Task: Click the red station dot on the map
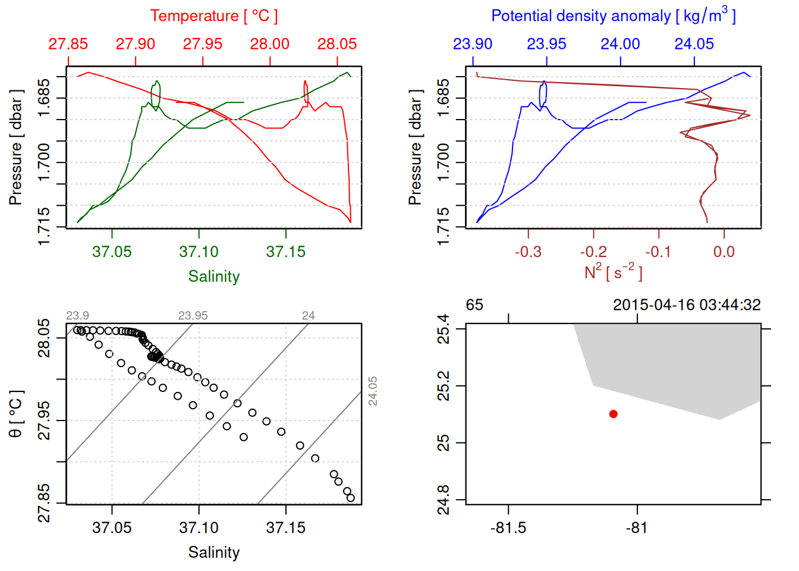613,413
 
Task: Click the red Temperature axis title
213,16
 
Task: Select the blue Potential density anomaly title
613,15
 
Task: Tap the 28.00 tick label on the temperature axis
270,44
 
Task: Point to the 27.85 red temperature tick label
68,44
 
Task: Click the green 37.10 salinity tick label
199,252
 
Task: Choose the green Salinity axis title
213,276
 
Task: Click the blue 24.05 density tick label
694,44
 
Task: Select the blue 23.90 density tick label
473,44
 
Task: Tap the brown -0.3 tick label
528,252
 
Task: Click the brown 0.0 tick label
723,252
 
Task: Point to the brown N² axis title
613,272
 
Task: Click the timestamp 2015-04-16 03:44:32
687,305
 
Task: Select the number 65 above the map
474,305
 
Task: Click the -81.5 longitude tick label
508,528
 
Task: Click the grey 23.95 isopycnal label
193,315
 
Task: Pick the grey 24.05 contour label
373,391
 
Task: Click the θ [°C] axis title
16,413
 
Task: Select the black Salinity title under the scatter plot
213,553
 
